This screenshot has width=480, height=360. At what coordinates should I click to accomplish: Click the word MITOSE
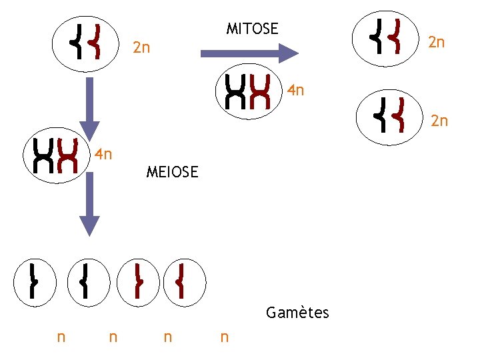(252, 29)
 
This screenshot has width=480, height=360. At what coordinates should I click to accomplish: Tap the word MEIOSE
(172, 173)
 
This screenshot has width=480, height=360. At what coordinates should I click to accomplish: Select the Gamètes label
(297, 313)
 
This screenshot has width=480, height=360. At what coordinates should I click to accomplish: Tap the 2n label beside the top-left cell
(141, 48)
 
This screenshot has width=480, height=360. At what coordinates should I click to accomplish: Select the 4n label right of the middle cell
(295, 90)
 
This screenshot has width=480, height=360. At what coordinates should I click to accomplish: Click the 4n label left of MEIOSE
(103, 155)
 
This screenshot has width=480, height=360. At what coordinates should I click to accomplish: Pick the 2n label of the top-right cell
(436, 43)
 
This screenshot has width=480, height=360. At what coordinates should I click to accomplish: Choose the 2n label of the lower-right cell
(439, 121)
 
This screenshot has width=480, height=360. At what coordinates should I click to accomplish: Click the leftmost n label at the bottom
(61, 337)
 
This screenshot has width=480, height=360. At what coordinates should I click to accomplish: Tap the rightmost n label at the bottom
(224, 337)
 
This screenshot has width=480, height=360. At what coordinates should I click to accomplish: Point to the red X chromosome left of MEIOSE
(67, 155)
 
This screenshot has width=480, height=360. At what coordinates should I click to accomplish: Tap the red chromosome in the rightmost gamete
(181, 280)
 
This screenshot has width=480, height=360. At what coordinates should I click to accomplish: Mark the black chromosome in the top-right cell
(379, 35)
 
